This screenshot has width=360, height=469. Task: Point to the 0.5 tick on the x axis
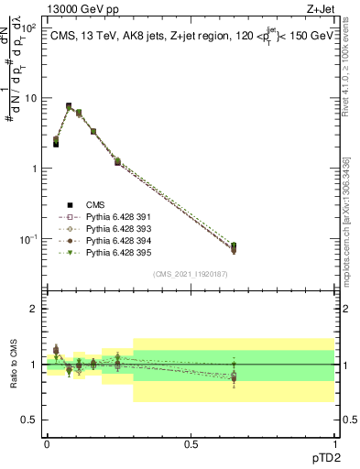pos(191,442)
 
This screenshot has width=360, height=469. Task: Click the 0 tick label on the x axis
pos(47,442)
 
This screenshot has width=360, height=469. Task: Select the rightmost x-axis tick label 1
pos(334,442)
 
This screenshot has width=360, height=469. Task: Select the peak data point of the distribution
pos(69,106)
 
